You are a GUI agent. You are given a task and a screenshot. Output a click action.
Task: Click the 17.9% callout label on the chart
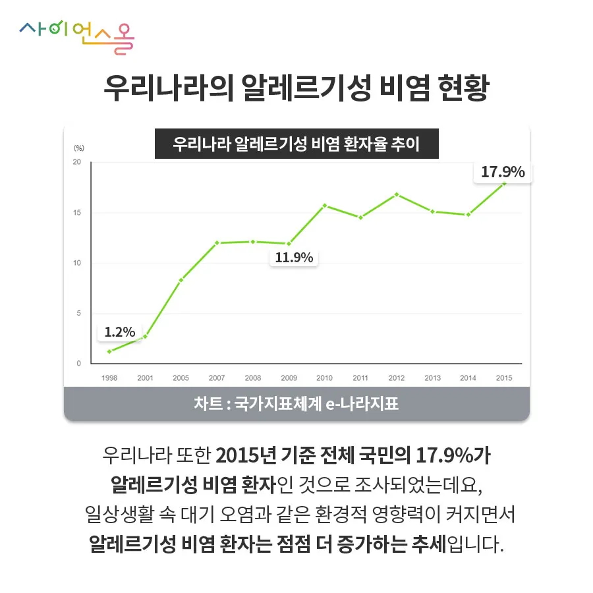click(x=503, y=172)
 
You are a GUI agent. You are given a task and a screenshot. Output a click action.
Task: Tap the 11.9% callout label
click(x=294, y=258)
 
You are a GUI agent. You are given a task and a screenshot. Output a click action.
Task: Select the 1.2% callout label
click(x=120, y=331)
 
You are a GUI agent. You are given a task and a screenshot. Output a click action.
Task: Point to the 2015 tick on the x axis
click(x=504, y=378)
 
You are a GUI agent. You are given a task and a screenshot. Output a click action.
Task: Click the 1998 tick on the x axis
click(x=109, y=378)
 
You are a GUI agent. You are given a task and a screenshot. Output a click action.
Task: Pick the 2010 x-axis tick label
click(x=324, y=378)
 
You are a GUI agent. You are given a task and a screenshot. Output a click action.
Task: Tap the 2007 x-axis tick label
click(x=217, y=378)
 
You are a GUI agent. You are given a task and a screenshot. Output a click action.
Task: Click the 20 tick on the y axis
click(x=77, y=162)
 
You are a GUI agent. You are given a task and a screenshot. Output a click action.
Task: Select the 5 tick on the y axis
click(x=78, y=313)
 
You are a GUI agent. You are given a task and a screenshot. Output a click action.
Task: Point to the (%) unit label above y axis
click(x=79, y=148)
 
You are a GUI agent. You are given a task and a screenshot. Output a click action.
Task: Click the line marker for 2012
click(x=396, y=194)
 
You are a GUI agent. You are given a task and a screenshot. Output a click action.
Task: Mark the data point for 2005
click(x=181, y=280)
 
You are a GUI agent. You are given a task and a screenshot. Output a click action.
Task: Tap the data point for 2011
click(x=360, y=217)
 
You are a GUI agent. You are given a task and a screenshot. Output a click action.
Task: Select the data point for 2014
click(x=468, y=215)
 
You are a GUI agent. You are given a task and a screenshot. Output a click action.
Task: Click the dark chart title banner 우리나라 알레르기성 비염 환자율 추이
click(x=296, y=144)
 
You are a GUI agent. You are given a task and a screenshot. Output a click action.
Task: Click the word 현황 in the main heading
click(x=462, y=88)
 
